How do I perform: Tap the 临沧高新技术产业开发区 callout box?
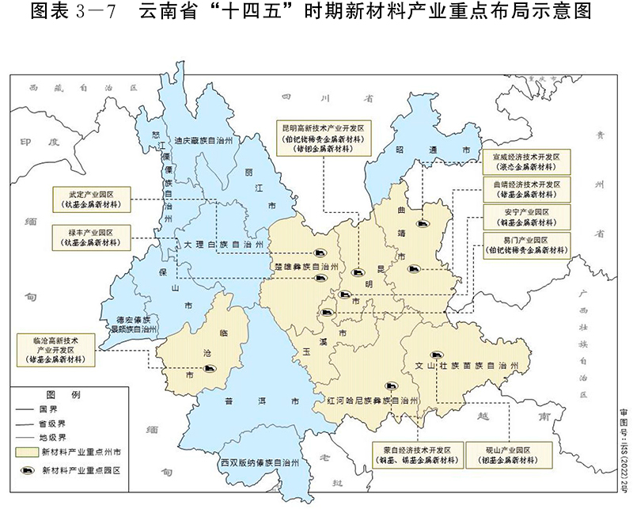click(x=55, y=349)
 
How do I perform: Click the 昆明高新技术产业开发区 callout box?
click(x=323, y=137)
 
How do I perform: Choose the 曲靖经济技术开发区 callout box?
click(x=526, y=188)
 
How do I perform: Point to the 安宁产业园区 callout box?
click(x=526, y=217)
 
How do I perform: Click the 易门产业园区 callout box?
click(x=526, y=245)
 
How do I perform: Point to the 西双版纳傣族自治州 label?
click(x=260, y=462)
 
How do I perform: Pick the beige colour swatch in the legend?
click(x=26, y=452)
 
